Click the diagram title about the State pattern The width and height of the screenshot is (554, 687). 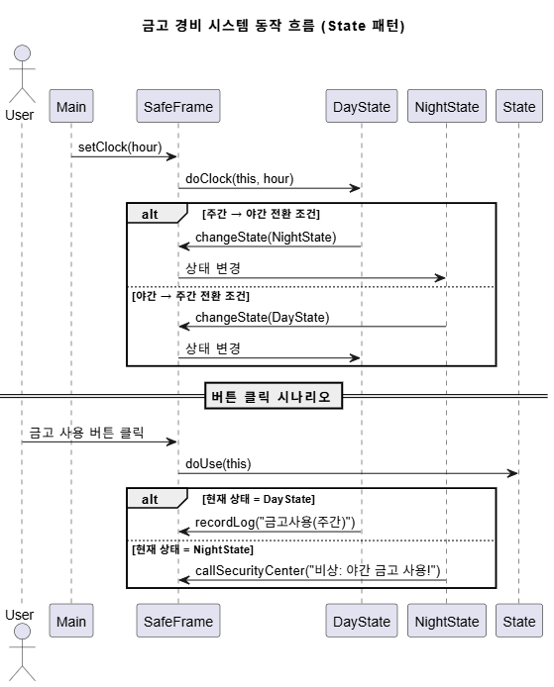point(273,26)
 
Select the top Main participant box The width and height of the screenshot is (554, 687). point(71,106)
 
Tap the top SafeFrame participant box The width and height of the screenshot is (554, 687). point(178,106)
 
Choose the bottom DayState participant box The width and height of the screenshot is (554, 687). point(362,621)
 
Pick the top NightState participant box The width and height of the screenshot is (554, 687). point(447,106)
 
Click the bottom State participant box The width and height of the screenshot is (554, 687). point(519,621)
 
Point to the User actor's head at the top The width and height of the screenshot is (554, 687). point(22,53)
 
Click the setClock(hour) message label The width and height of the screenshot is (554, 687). point(120,147)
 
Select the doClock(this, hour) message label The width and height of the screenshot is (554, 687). point(240,179)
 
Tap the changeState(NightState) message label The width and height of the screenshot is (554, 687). point(266,237)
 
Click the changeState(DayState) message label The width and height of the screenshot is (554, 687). point(263,317)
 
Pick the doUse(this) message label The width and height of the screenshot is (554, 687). point(218,463)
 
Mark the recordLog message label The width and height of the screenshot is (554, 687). point(276,522)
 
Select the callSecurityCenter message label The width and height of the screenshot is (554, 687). point(317,570)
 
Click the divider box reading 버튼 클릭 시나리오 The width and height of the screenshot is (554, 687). point(274,396)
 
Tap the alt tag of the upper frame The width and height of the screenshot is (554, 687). point(150,214)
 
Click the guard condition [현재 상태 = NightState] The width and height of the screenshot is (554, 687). point(192,549)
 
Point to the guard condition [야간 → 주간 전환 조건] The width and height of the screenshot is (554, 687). point(190,296)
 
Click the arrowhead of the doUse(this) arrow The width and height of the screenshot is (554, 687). point(512,473)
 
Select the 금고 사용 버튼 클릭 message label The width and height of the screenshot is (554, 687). point(86,433)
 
